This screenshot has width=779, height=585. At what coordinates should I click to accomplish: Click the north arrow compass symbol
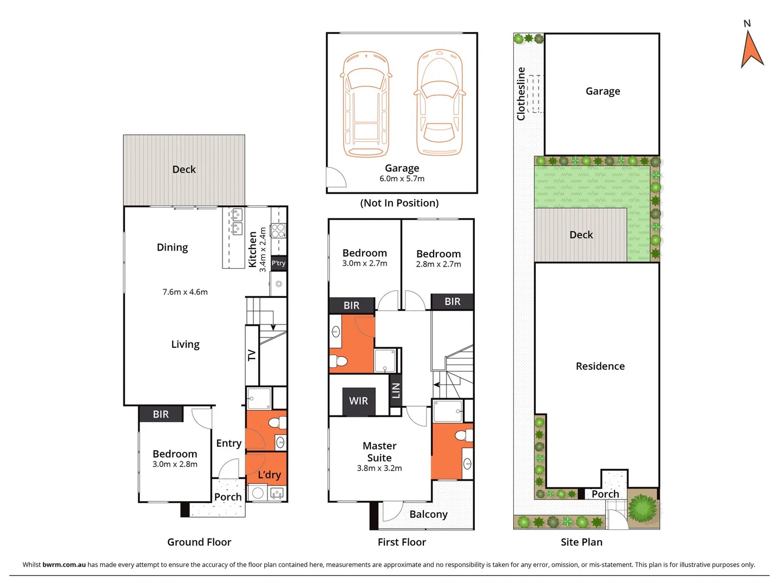point(751,50)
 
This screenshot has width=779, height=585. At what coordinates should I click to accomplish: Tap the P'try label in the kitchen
point(278,263)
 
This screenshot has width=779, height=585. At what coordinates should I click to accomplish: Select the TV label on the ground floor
point(252,355)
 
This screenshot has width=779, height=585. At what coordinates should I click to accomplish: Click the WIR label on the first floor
point(358,401)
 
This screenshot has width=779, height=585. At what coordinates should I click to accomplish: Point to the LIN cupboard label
point(396,389)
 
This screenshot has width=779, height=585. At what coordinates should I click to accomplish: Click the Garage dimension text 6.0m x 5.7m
point(402,179)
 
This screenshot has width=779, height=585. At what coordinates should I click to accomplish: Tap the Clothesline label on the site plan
point(521,94)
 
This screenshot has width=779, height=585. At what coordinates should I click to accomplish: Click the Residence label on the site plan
point(600,366)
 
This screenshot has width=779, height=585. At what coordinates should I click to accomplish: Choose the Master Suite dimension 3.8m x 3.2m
point(379,468)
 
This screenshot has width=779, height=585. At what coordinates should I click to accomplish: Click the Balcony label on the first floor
point(428,514)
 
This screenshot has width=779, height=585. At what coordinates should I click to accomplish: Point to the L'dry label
point(269,475)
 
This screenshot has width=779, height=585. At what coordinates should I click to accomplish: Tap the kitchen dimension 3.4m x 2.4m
point(263,249)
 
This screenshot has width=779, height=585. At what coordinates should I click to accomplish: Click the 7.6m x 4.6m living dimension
point(185,292)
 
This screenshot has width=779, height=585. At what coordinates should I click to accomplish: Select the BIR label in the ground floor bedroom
point(161,414)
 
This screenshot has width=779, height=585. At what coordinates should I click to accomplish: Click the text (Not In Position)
point(400,203)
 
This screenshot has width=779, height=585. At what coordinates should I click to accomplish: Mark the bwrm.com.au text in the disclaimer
point(64,564)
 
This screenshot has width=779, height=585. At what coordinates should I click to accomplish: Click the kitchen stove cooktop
point(278,230)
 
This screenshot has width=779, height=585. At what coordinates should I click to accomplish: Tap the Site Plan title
point(581,542)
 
